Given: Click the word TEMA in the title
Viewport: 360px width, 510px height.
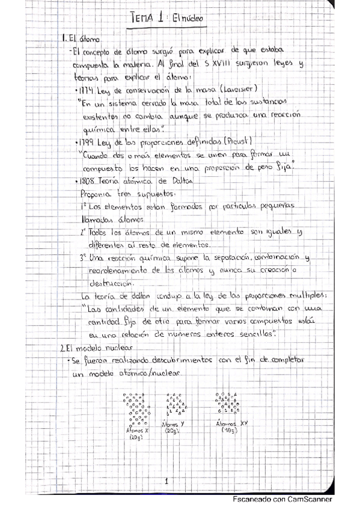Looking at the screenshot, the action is coord(145,19).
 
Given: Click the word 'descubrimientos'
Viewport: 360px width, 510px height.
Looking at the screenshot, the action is coord(168,360).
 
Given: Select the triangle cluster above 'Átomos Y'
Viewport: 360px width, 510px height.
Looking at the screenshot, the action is coord(174,406).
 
